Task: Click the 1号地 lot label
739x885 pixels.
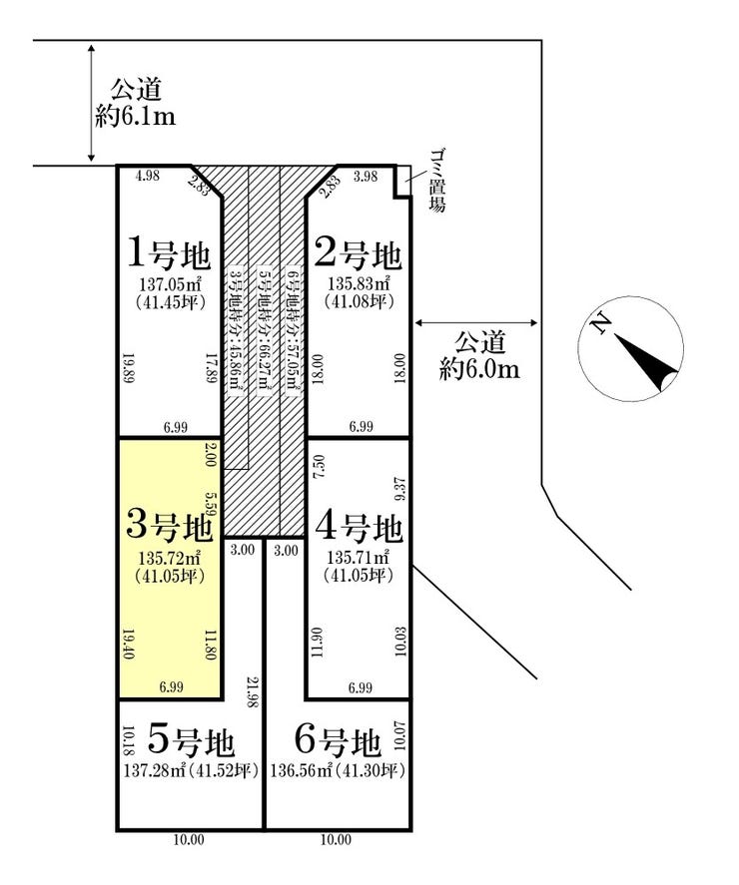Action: [170, 253]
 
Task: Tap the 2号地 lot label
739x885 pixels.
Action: [358, 253]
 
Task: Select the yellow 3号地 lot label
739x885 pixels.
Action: [170, 525]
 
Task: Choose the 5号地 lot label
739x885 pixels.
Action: [191, 741]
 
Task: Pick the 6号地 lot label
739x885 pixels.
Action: [338, 741]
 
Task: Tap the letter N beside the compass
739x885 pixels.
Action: [599, 323]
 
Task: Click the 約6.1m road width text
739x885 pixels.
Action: [135, 117]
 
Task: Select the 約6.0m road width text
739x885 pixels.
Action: [479, 370]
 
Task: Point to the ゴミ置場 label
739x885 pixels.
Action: [436, 180]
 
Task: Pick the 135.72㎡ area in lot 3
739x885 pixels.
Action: [170, 559]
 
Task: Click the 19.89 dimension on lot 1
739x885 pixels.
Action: [128, 368]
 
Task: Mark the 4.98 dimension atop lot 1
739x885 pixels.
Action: [148, 176]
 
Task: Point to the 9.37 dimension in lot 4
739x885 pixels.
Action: [400, 489]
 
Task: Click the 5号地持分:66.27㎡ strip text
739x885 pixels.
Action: [263, 330]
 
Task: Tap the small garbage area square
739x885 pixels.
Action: [402, 180]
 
